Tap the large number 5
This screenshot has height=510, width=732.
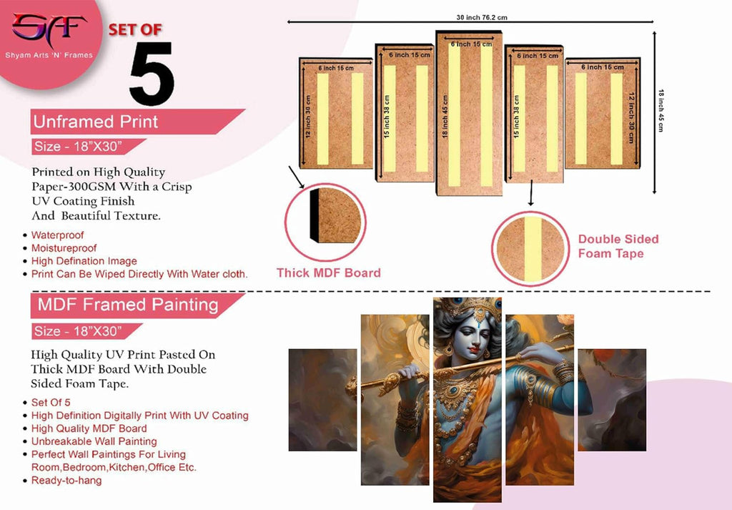[152, 74]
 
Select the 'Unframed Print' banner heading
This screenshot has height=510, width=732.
[96, 122]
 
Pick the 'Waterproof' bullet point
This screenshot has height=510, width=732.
[57, 235]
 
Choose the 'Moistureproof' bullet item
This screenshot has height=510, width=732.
[64, 248]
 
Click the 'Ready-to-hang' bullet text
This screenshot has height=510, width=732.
[66, 481]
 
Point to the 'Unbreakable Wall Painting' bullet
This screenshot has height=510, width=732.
[94, 441]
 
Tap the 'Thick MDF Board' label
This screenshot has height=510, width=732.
[328, 273]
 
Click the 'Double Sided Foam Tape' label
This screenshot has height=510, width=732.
[618, 246]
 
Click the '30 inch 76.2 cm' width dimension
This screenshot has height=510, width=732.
[472, 17]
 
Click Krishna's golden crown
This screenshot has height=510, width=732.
[467, 308]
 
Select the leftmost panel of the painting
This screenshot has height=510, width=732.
[322, 399]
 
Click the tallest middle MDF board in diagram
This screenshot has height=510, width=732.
[469, 113]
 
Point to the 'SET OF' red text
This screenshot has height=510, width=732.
[135, 30]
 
